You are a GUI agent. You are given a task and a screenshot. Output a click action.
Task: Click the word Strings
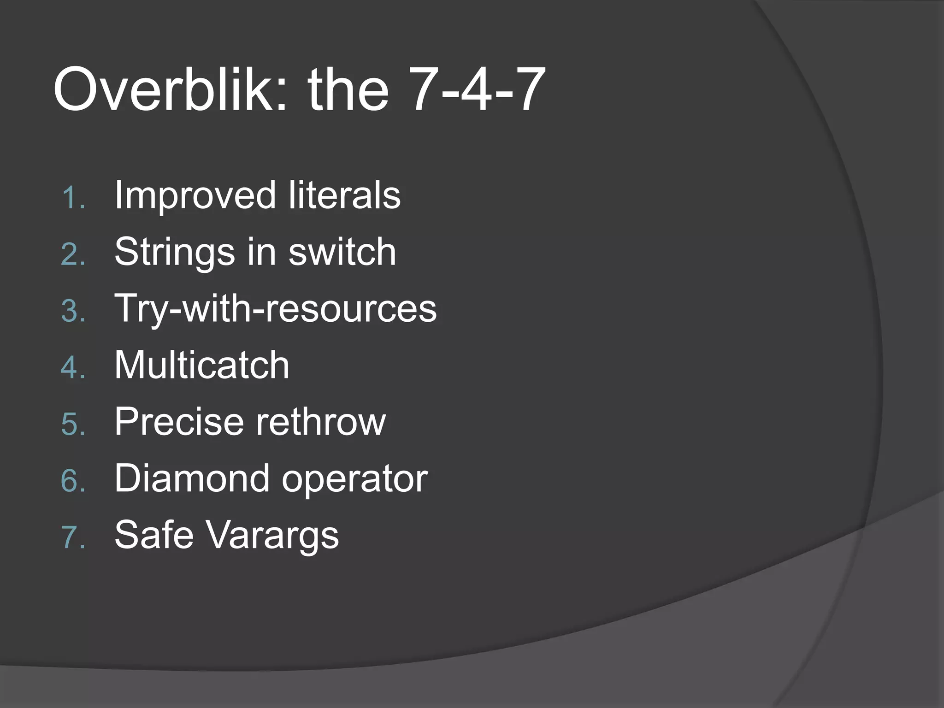175,253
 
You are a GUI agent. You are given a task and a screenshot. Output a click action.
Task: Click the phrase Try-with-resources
275,309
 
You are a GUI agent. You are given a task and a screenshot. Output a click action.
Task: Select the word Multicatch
202,365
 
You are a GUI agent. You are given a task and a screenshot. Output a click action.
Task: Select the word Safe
154,535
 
